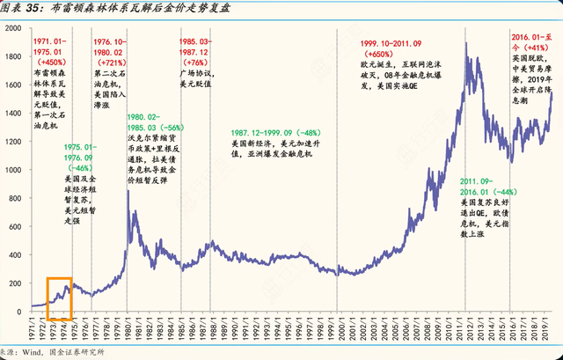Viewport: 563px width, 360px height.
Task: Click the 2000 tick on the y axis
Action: click(15, 29)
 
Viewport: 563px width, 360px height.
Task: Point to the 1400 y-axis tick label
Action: click(15, 113)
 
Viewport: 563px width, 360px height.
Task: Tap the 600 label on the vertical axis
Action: click(18, 225)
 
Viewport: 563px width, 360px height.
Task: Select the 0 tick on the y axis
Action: click(24, 309)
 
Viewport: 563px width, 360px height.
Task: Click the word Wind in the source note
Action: click(33, 353)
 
